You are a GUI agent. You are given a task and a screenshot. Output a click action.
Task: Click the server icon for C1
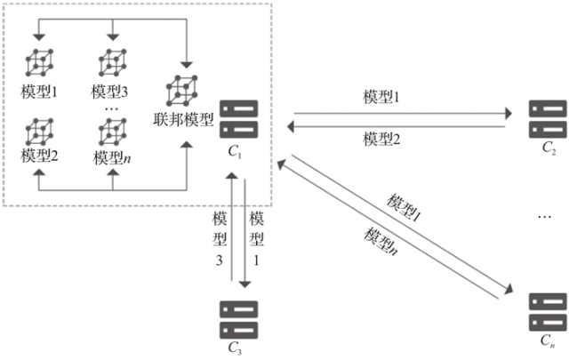pos(239,119)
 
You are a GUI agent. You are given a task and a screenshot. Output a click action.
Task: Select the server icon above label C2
pos(548,119)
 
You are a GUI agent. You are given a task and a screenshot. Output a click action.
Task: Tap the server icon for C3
pos(239,320)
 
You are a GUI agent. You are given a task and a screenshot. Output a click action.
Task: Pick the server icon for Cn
pos(548,312)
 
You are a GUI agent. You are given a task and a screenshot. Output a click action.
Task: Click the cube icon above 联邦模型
pos(181,91)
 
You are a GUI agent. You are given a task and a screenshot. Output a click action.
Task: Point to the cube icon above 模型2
pos(39,132)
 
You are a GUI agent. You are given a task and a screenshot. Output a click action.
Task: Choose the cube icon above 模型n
pos(113,132)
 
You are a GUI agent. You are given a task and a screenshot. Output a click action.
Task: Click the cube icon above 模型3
pos(113,62)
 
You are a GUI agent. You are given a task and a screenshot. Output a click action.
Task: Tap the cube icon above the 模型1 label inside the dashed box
pos(39,62)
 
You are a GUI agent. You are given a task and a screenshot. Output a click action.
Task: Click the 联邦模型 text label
pos(183,119)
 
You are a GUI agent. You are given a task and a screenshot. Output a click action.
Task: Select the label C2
pos(549,148)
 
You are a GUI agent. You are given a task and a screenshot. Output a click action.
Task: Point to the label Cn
pos(548,340)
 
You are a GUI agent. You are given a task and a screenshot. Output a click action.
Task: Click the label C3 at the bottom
pos(235,348)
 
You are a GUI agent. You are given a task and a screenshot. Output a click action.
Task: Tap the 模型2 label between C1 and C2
pos(381,139)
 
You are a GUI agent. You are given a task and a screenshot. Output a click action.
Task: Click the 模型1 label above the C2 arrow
pos(381,97)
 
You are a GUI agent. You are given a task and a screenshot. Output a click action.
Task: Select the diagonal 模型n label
pos(381,241)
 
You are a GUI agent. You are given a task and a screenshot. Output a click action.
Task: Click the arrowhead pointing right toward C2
pos(509,114)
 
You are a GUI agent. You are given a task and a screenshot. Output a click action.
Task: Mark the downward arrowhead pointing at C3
pos(245,284)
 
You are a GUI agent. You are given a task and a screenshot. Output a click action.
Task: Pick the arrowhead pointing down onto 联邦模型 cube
pos(187,65)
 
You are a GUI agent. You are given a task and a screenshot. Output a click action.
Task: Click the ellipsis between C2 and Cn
pos(545,217)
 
